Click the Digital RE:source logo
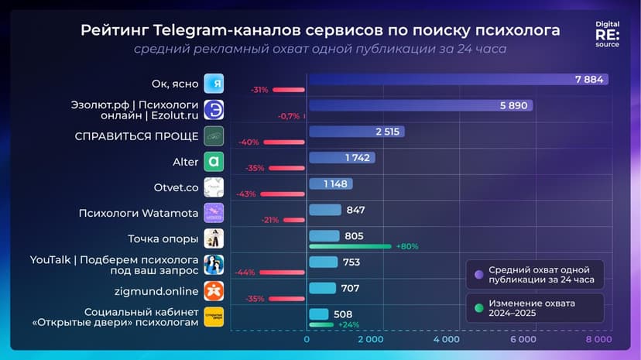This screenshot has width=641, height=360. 607,35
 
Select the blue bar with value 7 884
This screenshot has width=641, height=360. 457,80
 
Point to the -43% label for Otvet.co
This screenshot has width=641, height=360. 249,194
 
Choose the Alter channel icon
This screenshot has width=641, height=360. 214,162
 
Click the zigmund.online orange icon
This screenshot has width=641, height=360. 214,290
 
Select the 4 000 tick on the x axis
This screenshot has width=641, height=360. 446,339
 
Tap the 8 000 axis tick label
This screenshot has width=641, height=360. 598,339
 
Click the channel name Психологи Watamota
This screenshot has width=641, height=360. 139,212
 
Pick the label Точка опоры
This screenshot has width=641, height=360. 163,238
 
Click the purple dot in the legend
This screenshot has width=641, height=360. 478,274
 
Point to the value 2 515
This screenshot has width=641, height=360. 387,132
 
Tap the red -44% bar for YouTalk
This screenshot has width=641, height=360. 282,272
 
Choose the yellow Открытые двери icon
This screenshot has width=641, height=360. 214,317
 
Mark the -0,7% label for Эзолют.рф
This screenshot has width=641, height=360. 288,116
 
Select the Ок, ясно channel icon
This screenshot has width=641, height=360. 214,84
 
